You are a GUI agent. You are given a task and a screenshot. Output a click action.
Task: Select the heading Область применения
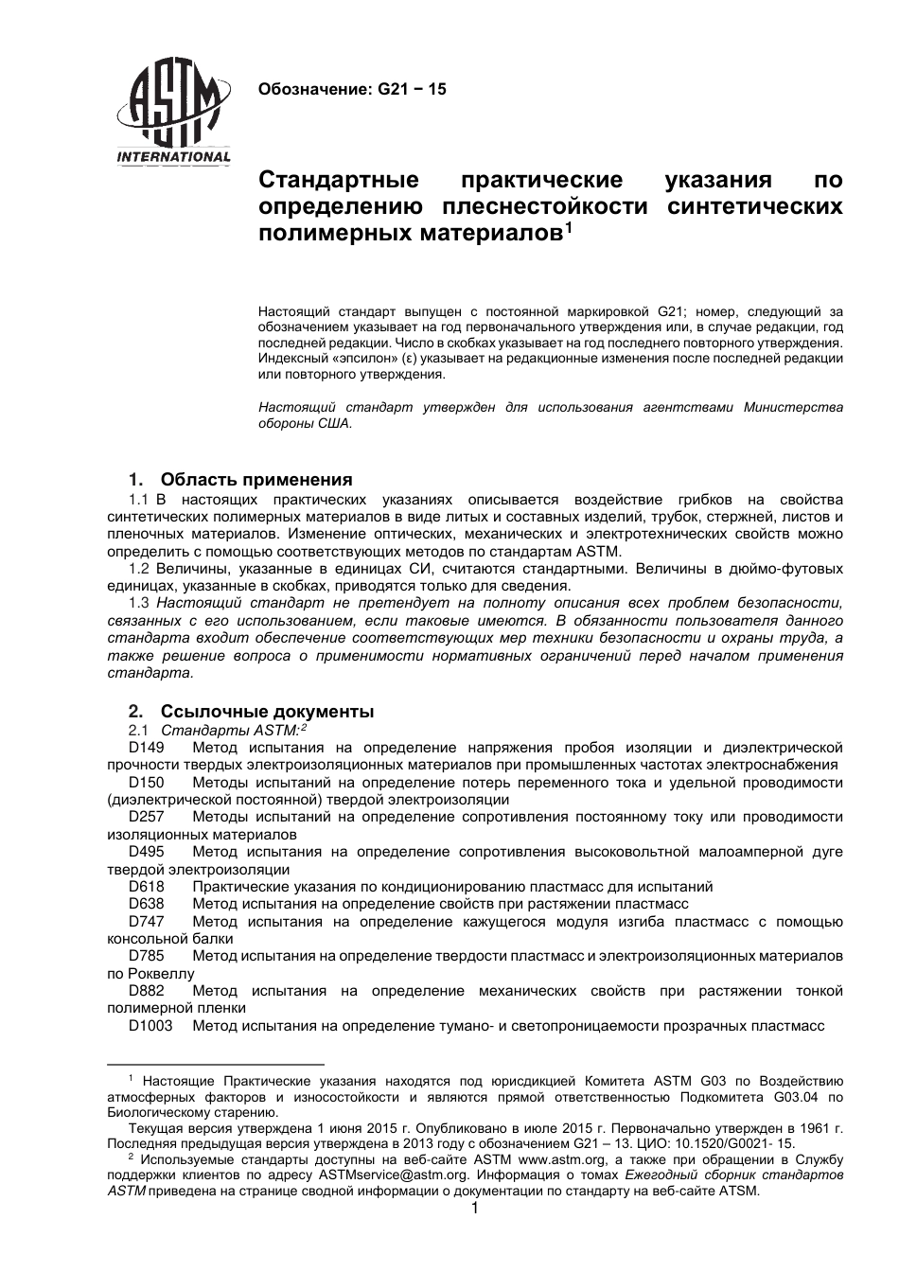click(256, 479)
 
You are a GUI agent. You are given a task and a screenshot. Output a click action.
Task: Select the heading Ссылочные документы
click(267, 712)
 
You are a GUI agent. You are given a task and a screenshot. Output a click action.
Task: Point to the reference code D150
click(147, 783)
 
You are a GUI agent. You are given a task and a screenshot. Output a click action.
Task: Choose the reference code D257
click(147, 817)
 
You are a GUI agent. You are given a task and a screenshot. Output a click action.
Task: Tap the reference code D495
click(147, 852)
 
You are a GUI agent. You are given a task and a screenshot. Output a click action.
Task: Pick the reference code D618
click(147, 887)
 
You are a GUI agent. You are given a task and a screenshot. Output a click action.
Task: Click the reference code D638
click(147, 904)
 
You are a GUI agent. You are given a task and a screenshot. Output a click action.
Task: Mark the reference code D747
click(147, 922)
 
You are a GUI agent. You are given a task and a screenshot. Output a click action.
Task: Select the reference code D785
click(147, 956)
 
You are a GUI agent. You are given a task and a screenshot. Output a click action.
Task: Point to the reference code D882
click(147, 991)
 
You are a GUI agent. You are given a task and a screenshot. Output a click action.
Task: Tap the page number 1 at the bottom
click(475, 1209)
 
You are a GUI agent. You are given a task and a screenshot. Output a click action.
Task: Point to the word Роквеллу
click(158, 974)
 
